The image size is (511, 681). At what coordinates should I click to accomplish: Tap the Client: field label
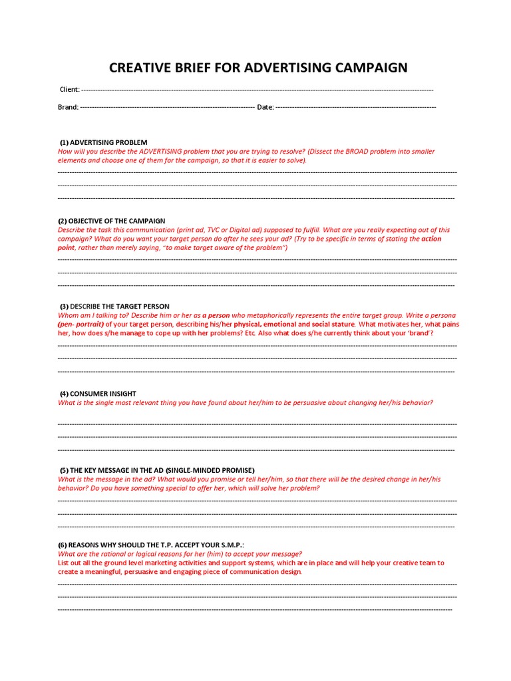pos(70,90)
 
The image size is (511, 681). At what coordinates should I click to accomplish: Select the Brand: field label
pos(69,107)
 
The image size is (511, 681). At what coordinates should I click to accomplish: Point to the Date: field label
pos(265,107)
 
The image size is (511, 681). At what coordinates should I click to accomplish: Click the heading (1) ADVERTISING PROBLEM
pos(103,142)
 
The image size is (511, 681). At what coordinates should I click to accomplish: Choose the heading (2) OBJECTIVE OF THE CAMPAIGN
pos(112,221)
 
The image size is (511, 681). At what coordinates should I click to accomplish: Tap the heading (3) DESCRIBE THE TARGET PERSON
pos(114,307)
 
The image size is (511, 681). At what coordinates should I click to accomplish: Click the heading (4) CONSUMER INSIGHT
pos(98,394)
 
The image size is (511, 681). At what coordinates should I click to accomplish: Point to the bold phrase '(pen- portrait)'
pos(81,324)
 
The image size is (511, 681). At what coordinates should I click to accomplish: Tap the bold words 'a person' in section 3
pos(216,315)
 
